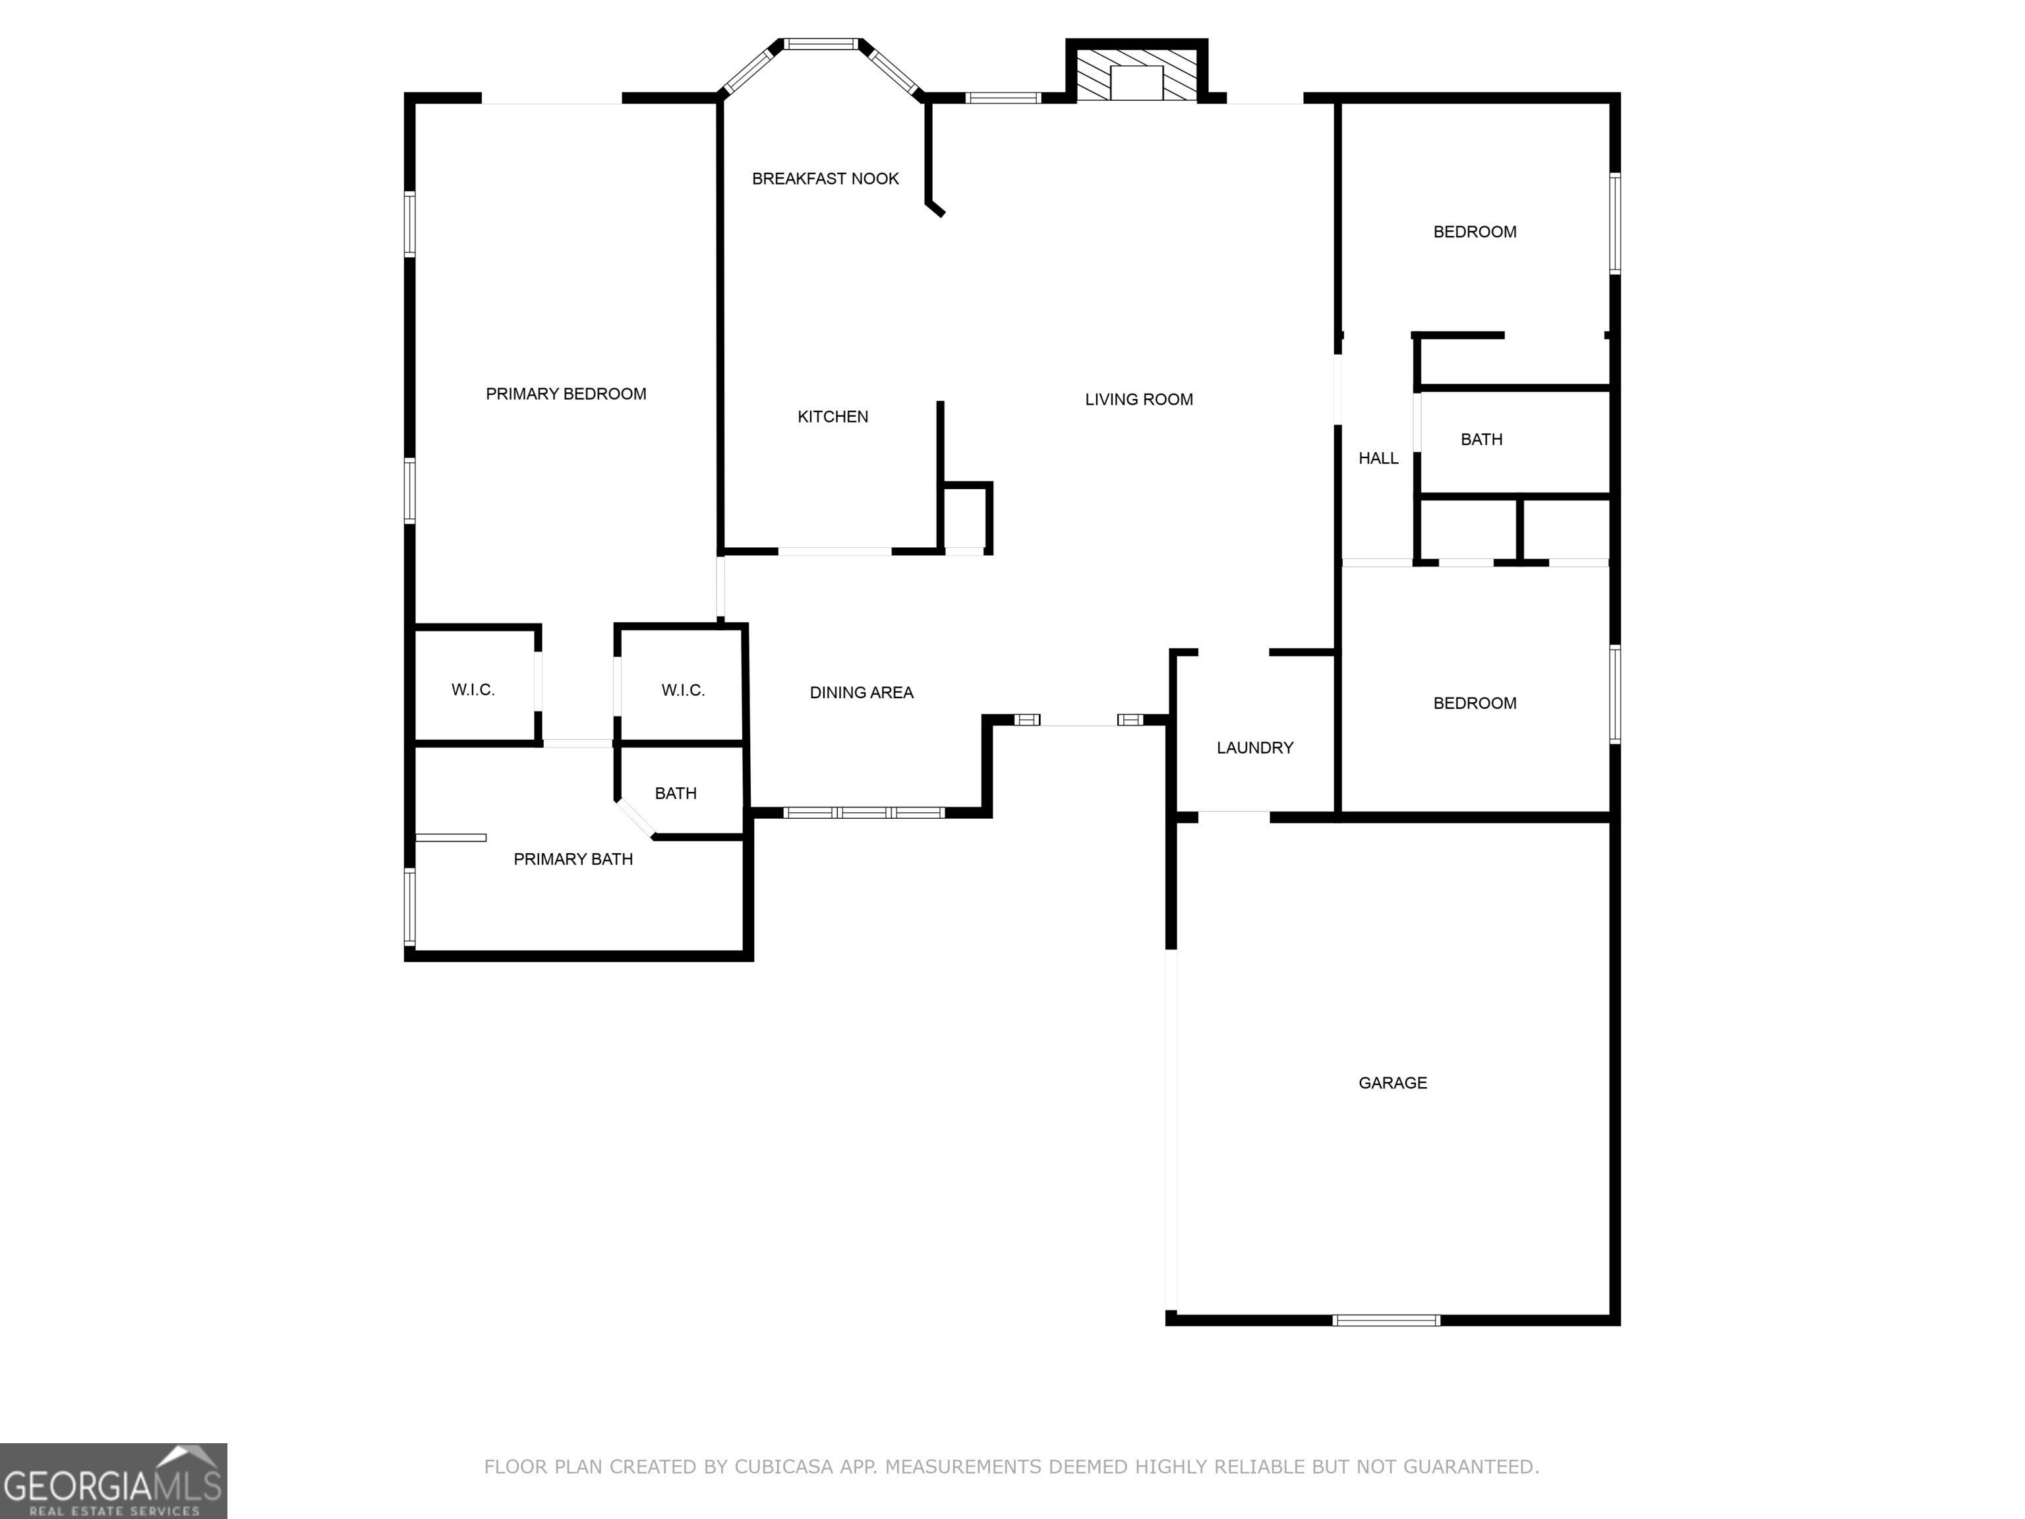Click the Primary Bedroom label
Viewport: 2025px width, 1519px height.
[566, 394]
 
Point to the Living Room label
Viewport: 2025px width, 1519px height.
[1139, 400]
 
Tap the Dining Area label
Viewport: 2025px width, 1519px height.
[862, 692]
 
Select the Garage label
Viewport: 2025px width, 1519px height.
[1392, 1083]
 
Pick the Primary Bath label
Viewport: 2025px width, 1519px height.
[573, 859]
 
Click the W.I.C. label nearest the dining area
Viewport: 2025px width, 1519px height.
[683, 690]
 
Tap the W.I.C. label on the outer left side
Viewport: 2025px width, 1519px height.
[473, 690]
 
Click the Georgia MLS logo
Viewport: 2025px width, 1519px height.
[113, 1481]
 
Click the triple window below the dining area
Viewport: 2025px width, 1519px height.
[864, 812]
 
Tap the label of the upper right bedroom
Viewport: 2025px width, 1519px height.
[1475, 231]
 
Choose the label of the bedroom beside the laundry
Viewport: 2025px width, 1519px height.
[1475, 703]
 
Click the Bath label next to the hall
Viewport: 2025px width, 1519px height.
[1481, 440]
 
